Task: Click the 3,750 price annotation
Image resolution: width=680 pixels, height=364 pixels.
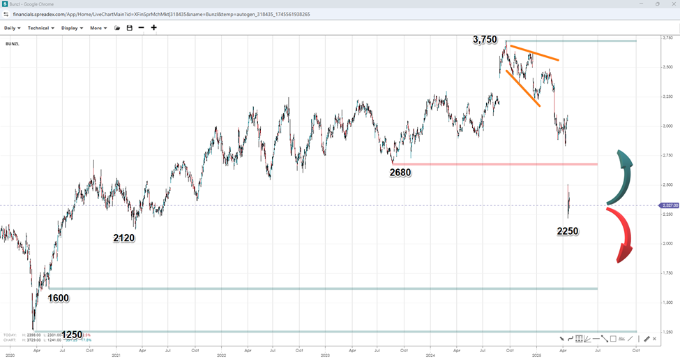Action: point(485,41)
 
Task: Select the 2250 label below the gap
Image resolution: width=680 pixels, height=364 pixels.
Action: point(568,231)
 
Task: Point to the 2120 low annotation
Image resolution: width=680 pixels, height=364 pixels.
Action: point(123,238)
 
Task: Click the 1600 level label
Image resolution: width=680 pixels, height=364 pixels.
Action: point(59,298)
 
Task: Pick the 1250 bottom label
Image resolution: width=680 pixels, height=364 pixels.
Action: point(73,335)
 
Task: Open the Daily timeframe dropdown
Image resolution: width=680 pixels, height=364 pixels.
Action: point(12,28)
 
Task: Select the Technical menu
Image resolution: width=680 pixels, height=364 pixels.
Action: point(40,28)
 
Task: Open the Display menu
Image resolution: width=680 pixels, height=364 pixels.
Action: point(71,28)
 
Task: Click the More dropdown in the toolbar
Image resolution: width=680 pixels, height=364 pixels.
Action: point(98,28)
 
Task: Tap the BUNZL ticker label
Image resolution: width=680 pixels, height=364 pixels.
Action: point(12,43)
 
